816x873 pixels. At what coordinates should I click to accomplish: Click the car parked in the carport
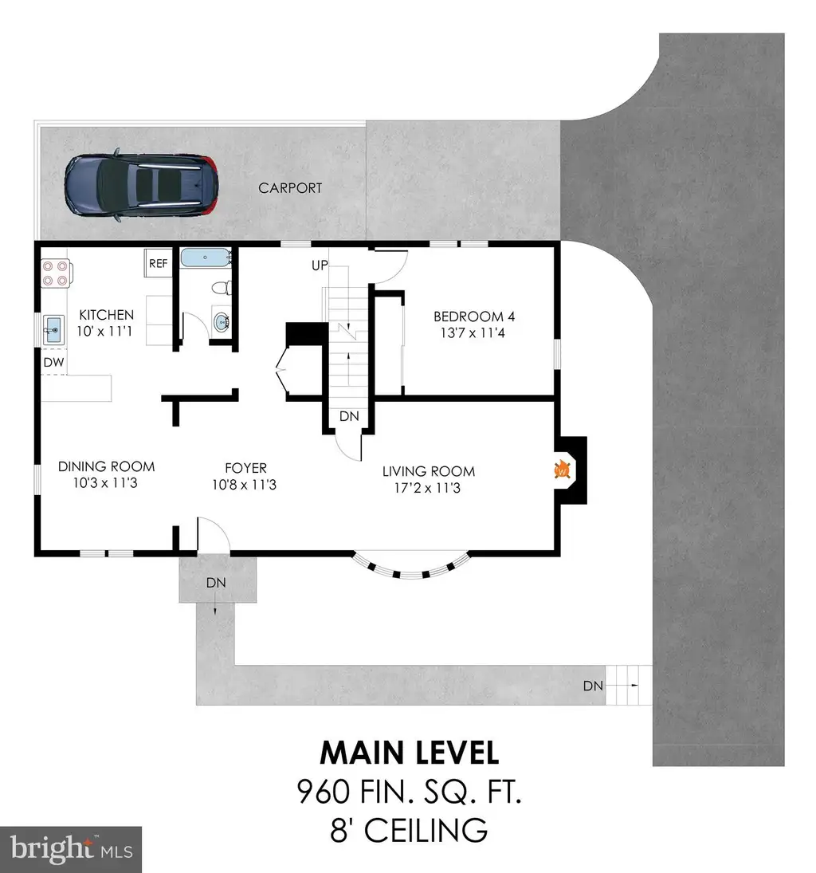[x=141, y=184]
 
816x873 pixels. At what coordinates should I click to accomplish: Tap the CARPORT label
[x=290, y=188]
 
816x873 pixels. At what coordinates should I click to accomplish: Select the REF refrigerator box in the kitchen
[x=158, y=263]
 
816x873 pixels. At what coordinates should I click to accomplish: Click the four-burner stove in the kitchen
[x=57, y=273]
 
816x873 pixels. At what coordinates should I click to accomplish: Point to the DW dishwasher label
[x=53, y=363]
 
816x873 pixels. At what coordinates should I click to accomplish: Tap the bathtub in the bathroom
[x=206, y=258]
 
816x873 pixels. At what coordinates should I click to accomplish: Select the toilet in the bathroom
[x=222, y=288]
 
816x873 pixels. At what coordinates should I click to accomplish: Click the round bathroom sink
[x=221, y=322]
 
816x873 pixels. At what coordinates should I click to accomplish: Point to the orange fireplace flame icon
[x=563, y=470]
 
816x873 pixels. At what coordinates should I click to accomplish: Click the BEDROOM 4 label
[x=474, y=317]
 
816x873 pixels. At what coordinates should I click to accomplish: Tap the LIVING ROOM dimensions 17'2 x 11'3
[x=427, y=488]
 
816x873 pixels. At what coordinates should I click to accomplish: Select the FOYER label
[x=245, y=468]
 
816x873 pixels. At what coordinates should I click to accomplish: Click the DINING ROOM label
[x=106, y=466]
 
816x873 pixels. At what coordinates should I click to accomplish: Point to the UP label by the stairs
[x=320, y=265]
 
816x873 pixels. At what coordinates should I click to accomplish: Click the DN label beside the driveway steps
[x=594, y=686]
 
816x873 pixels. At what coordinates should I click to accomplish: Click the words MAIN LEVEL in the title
[x=409, y=753]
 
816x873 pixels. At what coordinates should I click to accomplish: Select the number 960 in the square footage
[x=323, y=792]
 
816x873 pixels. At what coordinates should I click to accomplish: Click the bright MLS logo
[x=71, y=850]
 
